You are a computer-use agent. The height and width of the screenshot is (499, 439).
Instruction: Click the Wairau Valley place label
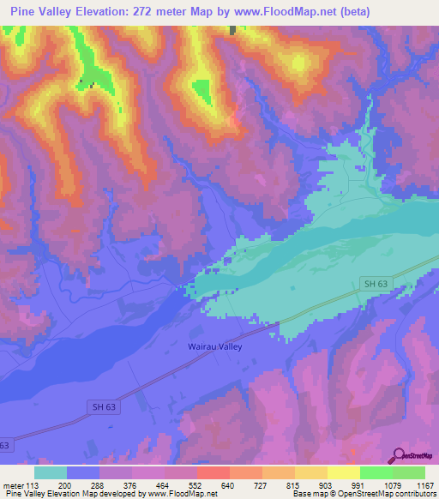pos(214,347)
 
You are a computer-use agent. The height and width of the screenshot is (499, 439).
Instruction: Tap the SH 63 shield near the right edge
pos(371,284)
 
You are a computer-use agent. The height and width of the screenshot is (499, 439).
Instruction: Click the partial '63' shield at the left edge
pos(4,445)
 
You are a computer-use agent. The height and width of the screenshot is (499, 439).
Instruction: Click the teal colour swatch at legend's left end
pos(51,472)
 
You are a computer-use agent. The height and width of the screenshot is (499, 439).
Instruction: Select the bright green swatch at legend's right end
pos(409,472)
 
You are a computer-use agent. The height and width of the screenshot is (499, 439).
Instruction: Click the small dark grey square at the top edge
pos(232,30)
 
